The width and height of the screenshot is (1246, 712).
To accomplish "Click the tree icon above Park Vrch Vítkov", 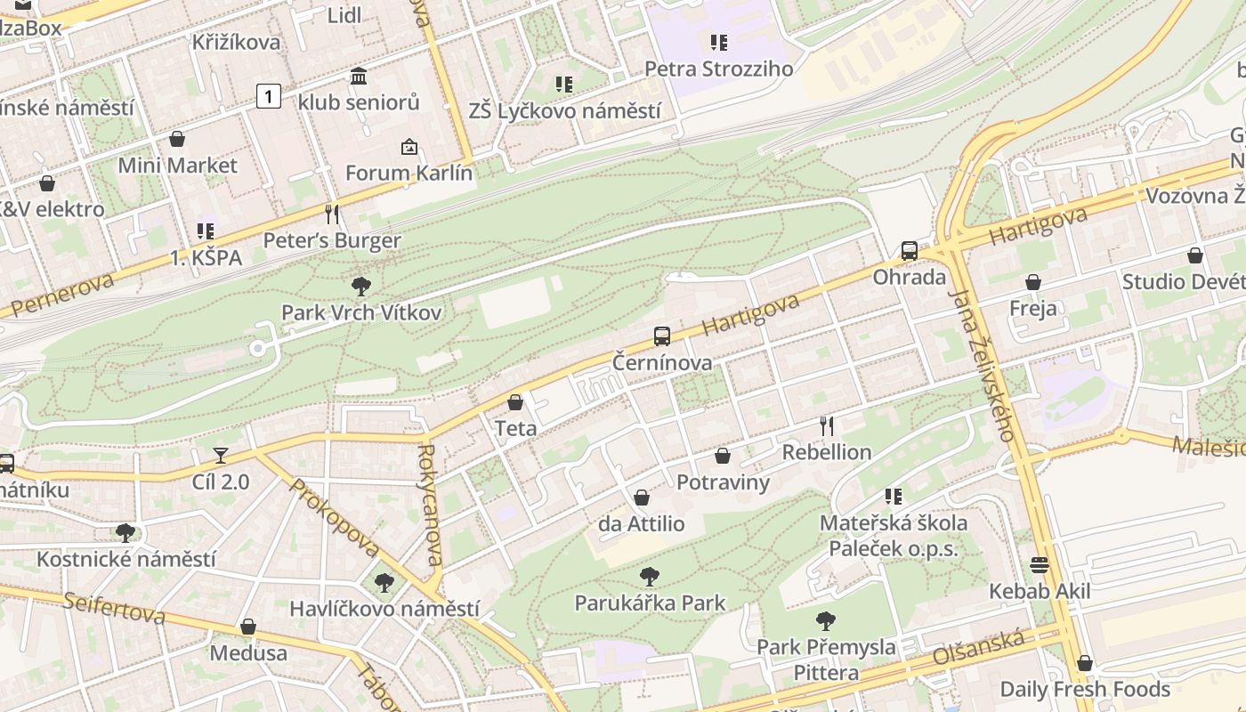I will (x=361, y=287).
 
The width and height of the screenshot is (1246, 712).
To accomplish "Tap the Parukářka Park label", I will (x=650, y=603).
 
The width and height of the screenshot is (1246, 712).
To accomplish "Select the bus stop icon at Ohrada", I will (x=909, y=251).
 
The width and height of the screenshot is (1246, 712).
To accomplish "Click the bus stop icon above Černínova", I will (x=662, y=336).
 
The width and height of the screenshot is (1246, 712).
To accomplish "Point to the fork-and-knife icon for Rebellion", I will (x=827, y=426).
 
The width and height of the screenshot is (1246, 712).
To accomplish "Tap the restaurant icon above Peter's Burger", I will (x=332, y=214).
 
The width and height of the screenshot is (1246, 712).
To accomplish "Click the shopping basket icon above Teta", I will (x=515, y=402).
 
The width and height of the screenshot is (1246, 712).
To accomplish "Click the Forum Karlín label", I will (x=409, y=173).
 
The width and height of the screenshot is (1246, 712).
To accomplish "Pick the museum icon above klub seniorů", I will (x=359, y=77).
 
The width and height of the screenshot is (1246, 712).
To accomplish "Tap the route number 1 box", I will (x=269, y=95).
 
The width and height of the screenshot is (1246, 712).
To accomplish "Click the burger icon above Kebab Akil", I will (x=1039, y=565).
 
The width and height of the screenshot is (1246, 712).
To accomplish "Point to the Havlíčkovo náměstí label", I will (x=384, y=610).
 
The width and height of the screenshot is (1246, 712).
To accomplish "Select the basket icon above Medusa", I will (x=248, y=627).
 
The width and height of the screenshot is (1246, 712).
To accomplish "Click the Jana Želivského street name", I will (x=982, y=365).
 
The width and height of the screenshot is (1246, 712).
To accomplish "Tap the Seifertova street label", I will (x=114, y=607).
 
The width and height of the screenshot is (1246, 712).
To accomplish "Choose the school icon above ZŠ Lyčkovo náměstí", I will (x=564, y=85).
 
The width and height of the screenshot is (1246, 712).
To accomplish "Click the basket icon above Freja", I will (x=1033, y=283).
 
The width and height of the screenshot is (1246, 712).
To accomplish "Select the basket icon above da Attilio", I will (x=642, y=498).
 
